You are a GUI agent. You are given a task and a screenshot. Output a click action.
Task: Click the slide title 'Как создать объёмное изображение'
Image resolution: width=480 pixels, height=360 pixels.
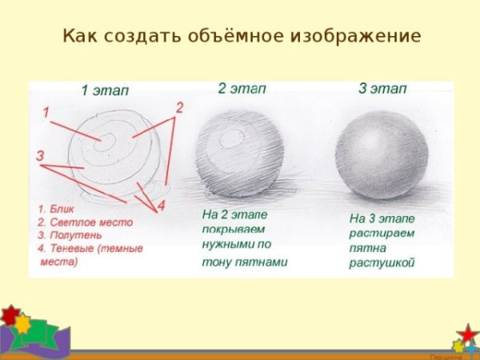[x=241, y=37]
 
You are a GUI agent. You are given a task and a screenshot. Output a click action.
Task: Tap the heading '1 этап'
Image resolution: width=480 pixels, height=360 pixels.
[x=105, y=90]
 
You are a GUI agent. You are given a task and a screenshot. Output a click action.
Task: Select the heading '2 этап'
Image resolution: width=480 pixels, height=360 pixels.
[x=242, y=88]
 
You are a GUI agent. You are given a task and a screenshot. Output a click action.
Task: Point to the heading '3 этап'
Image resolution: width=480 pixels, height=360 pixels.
[x=382, y=88]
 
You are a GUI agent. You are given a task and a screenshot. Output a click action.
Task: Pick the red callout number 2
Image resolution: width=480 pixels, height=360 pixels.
[x=179, y=107]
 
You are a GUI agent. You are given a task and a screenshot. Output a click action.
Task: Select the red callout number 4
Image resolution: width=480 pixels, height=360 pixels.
[x=161, y=206]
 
